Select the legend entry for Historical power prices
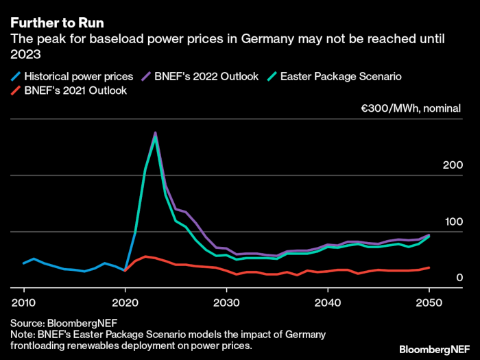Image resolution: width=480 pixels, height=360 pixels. click(x=74, y=76)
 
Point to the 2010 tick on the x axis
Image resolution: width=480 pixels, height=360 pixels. click(x=24, y=302)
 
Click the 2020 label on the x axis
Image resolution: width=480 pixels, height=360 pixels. click(x=125, y=302)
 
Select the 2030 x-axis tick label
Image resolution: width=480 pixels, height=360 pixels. click(x=227, y=302)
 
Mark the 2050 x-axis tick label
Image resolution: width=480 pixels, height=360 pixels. click(x=429, y=302)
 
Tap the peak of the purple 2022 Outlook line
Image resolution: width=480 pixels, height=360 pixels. click(x=156, y=132)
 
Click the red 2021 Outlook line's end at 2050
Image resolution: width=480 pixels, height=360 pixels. click(x=429, y=267)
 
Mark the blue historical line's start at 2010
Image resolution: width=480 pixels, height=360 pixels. click(x=24, y=263)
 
